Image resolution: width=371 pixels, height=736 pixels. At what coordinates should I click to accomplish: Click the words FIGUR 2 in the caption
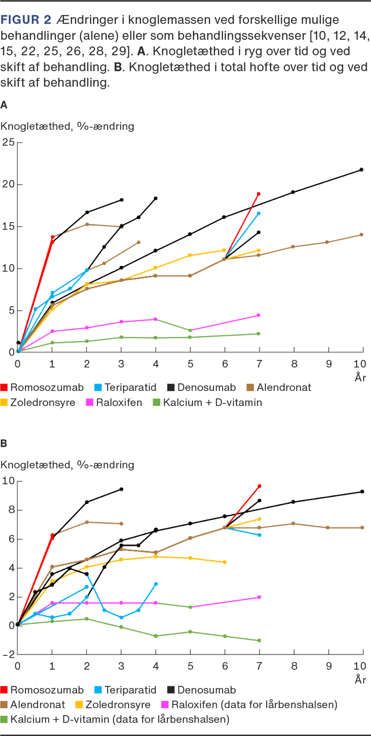pos(26,20)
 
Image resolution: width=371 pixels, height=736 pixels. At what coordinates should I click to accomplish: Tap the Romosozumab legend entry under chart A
pos(42,388)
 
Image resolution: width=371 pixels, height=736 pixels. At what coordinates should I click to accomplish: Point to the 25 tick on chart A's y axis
pos(8,142)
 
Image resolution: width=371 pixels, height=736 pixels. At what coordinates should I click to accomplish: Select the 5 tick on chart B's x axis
pos(190,666)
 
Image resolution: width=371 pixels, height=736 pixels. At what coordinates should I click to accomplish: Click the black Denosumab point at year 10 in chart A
pos(362,170)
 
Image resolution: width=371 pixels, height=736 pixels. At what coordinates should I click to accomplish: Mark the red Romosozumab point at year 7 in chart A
pos(259,194)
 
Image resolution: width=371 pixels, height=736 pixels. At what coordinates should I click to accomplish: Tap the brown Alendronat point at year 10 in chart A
pos(362,235)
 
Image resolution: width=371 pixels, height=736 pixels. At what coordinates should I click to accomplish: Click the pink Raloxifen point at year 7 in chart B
pos(259,597)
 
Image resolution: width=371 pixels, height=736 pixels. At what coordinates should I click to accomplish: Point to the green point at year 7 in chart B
pos(259,640)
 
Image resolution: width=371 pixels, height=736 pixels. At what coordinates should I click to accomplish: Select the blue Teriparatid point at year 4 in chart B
pos(156,584)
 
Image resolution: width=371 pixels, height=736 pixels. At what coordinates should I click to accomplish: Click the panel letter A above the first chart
pos(4,105)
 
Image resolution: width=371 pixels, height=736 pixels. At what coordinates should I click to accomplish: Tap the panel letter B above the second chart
pos(4,444)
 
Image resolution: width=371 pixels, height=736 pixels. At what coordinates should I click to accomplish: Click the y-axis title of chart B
pos(67,465)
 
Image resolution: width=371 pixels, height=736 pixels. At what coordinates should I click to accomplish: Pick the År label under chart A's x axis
pos(360,378)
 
